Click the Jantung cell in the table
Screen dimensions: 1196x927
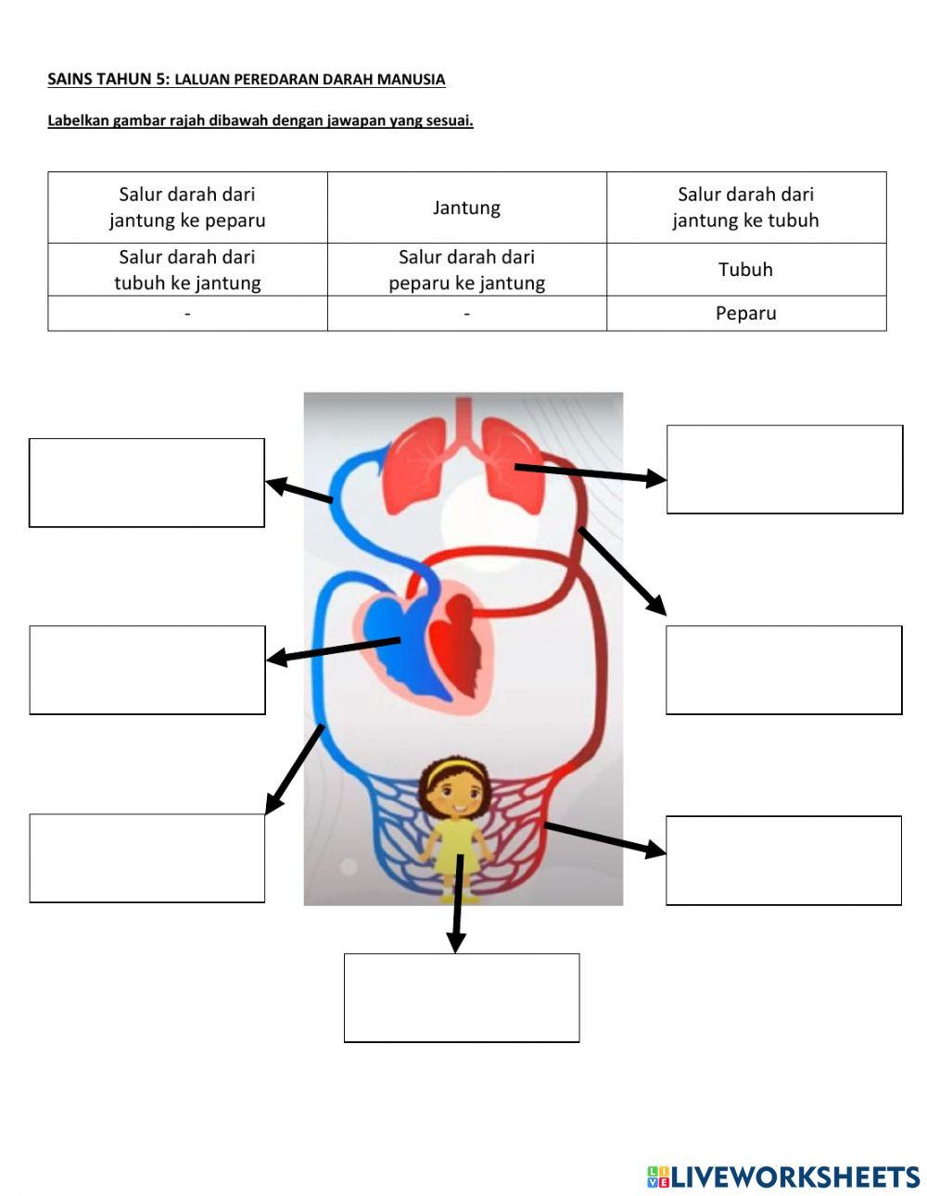[466, 208]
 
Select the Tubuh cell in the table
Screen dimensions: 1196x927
[745, 270]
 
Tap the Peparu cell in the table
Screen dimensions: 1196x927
[745, 313]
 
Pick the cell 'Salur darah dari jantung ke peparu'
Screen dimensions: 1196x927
[187, 208]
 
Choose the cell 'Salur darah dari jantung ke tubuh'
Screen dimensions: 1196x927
[745, 208]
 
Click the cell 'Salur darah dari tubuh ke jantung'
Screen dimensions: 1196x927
[187, 270]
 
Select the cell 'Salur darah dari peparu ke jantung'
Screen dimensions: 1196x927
[466, 270]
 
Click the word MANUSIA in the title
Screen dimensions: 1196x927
[411, 80]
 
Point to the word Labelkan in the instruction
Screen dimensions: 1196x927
[79, 120]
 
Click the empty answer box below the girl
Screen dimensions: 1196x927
[462, 998]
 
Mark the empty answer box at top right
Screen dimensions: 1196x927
[784, 469]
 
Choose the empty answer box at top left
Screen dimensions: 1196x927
[146, 483]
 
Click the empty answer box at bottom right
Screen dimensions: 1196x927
[783, 860]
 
